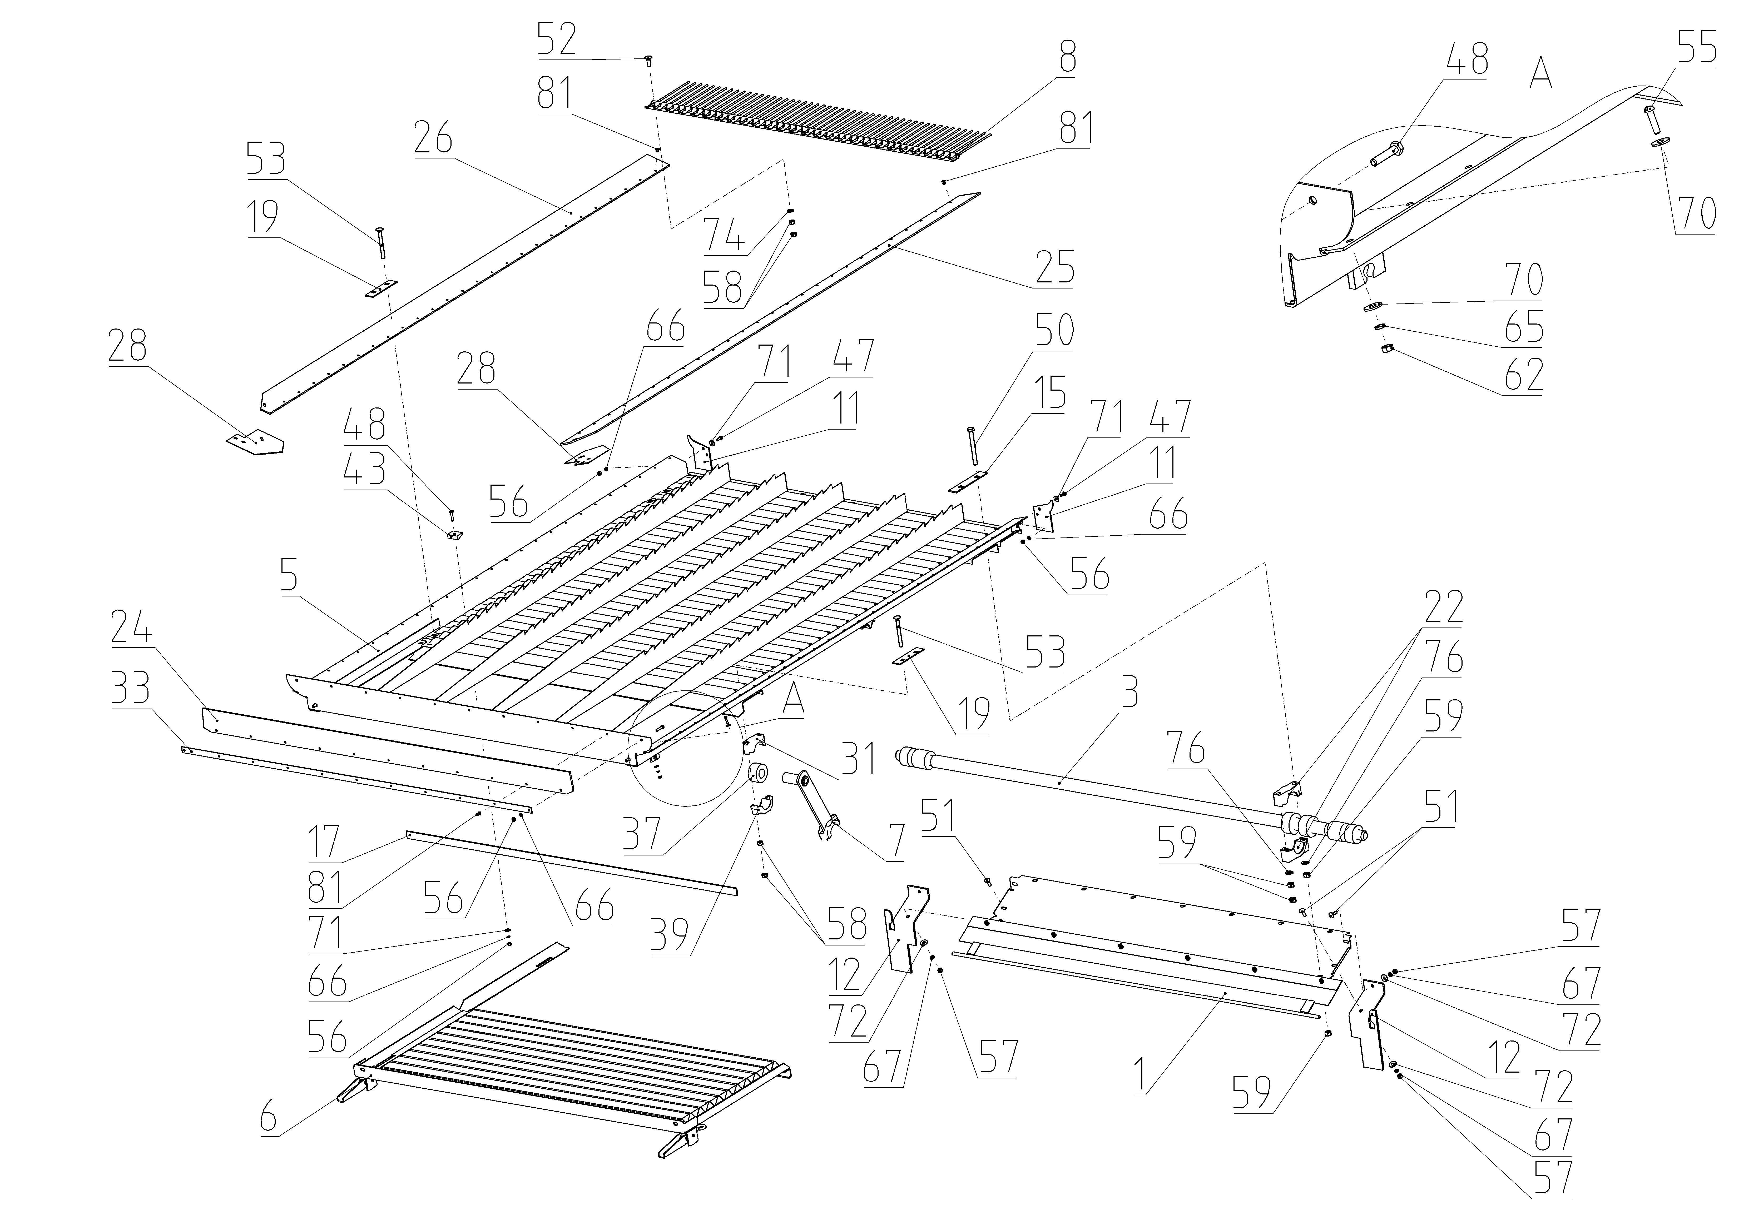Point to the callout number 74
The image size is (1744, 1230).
pyautogui.click(x=724, y=234)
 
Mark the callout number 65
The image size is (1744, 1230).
pyautogui.click(x=1524, y=326)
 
